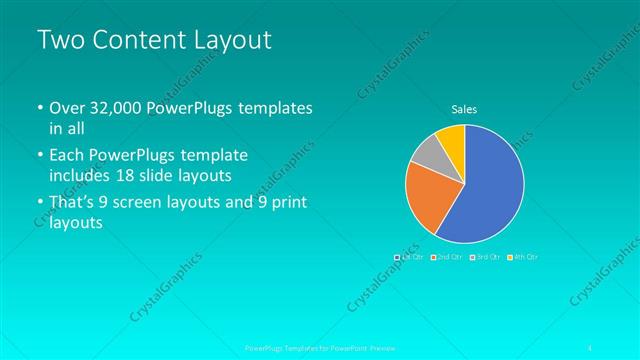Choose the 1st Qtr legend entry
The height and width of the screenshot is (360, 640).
point(409,257)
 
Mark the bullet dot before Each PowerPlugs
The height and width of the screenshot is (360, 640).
point(39,157)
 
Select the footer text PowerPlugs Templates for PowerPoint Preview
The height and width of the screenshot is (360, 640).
point(320,348)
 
